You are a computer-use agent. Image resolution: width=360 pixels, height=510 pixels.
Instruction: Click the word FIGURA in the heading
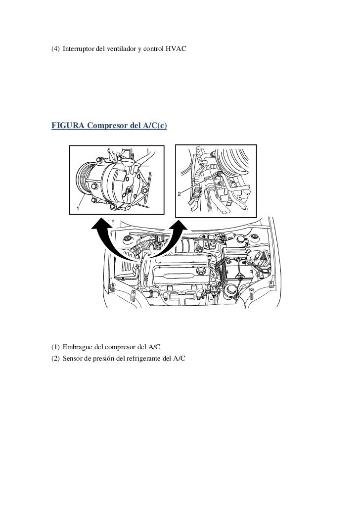tap(68, 125)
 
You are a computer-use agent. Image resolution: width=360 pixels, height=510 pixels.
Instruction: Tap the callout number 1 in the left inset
tap(78, 208)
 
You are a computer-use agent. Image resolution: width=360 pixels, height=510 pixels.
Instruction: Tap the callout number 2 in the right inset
tap(179, 194)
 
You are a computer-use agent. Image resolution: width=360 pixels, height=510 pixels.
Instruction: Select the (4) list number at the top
tap(55, 49)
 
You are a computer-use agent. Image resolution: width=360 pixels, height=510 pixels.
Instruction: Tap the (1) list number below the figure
tap(55, 347)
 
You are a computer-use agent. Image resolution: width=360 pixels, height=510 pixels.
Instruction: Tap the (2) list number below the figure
tap(55, 359)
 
